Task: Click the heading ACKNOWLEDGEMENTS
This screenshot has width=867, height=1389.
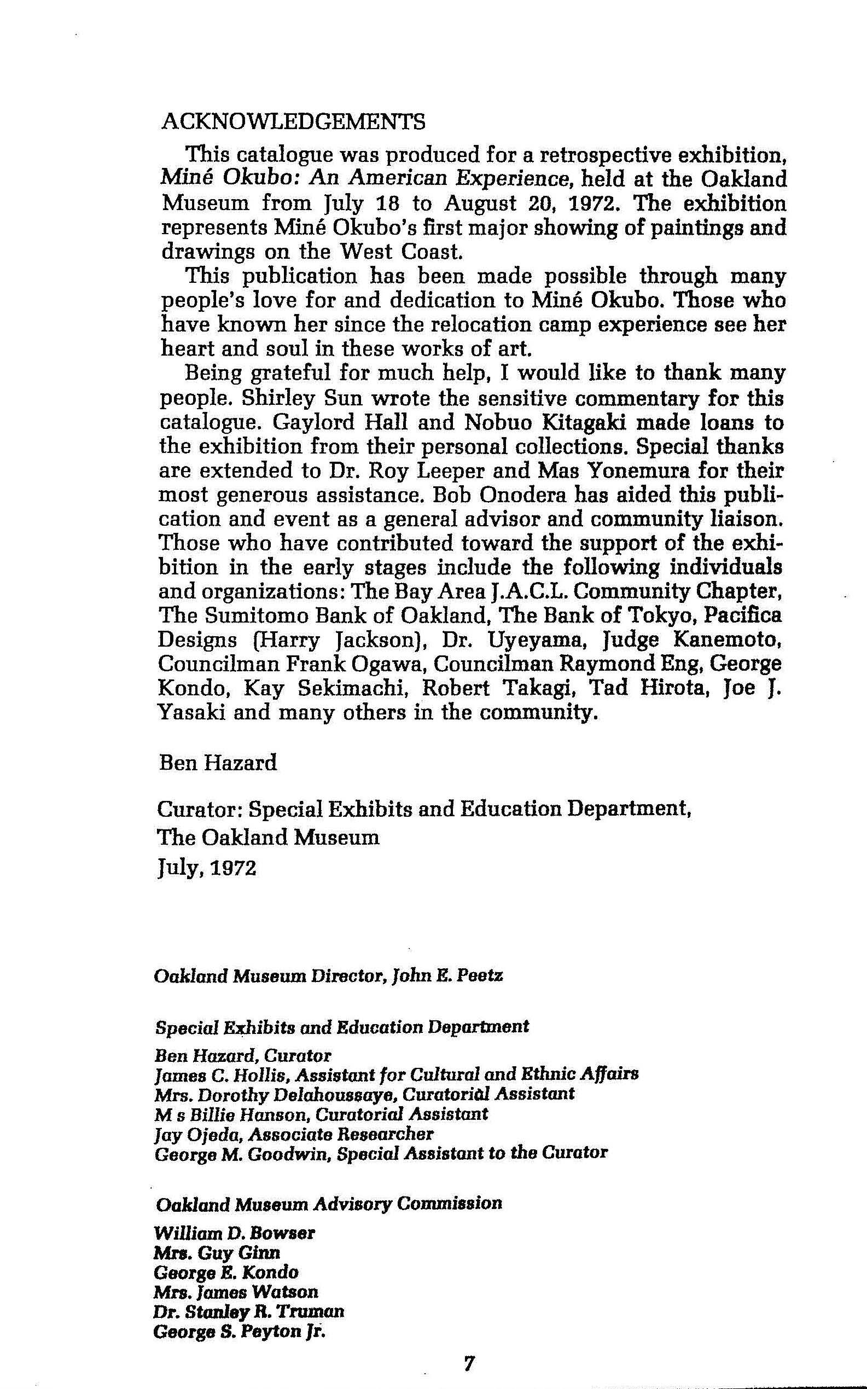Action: [294, 121]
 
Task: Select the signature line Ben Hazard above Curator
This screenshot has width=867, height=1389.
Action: [218, 762]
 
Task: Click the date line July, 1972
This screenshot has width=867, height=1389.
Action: [206, 868]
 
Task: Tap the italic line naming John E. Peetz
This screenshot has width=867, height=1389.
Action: [329, 975]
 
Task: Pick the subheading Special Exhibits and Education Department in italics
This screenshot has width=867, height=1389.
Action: [342, 1026]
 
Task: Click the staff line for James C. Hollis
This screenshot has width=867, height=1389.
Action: [396, 1073]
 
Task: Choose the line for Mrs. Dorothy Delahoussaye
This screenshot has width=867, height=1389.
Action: [364, 1094]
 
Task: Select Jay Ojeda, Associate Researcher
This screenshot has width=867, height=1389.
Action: [294, 1134]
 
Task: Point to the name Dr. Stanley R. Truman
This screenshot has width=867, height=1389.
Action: [249, 1295]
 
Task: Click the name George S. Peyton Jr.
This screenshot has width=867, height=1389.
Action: [239, 1315]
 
